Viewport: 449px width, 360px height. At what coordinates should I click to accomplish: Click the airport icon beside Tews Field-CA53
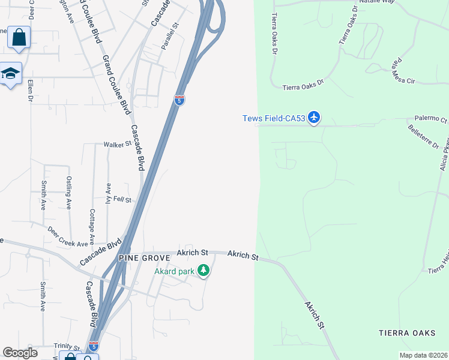click(x=314, y=118)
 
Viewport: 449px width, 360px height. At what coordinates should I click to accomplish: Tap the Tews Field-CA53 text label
click(x=274, y=118)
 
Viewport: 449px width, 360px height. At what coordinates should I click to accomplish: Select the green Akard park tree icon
click(x=203, y=271)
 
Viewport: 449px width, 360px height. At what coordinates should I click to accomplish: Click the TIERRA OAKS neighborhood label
click(x=406, y=332)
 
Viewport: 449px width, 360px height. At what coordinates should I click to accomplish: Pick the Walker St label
click(x=117, y=145)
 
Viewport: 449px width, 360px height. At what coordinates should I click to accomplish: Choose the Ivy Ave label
click(x=109, y=194)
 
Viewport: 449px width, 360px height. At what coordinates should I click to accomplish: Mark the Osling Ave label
click(x=69, y=192)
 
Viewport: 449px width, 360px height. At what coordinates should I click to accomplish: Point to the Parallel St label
click(x=170, y=36)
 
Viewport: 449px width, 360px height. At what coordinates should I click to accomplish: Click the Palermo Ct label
click(x=430, y=119)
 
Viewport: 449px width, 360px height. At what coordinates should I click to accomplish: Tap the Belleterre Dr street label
click(x=424, y=137)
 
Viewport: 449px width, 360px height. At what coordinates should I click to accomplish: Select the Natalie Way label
click(x=376, y=2)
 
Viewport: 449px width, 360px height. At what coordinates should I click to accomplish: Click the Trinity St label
click(x=67, y=347)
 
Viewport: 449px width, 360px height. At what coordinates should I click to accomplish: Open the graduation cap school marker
click(x=10, y=74)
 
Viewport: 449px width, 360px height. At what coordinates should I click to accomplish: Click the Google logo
click(x=20, y=353)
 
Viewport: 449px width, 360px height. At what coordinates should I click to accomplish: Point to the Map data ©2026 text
click(x=423, y=355)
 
